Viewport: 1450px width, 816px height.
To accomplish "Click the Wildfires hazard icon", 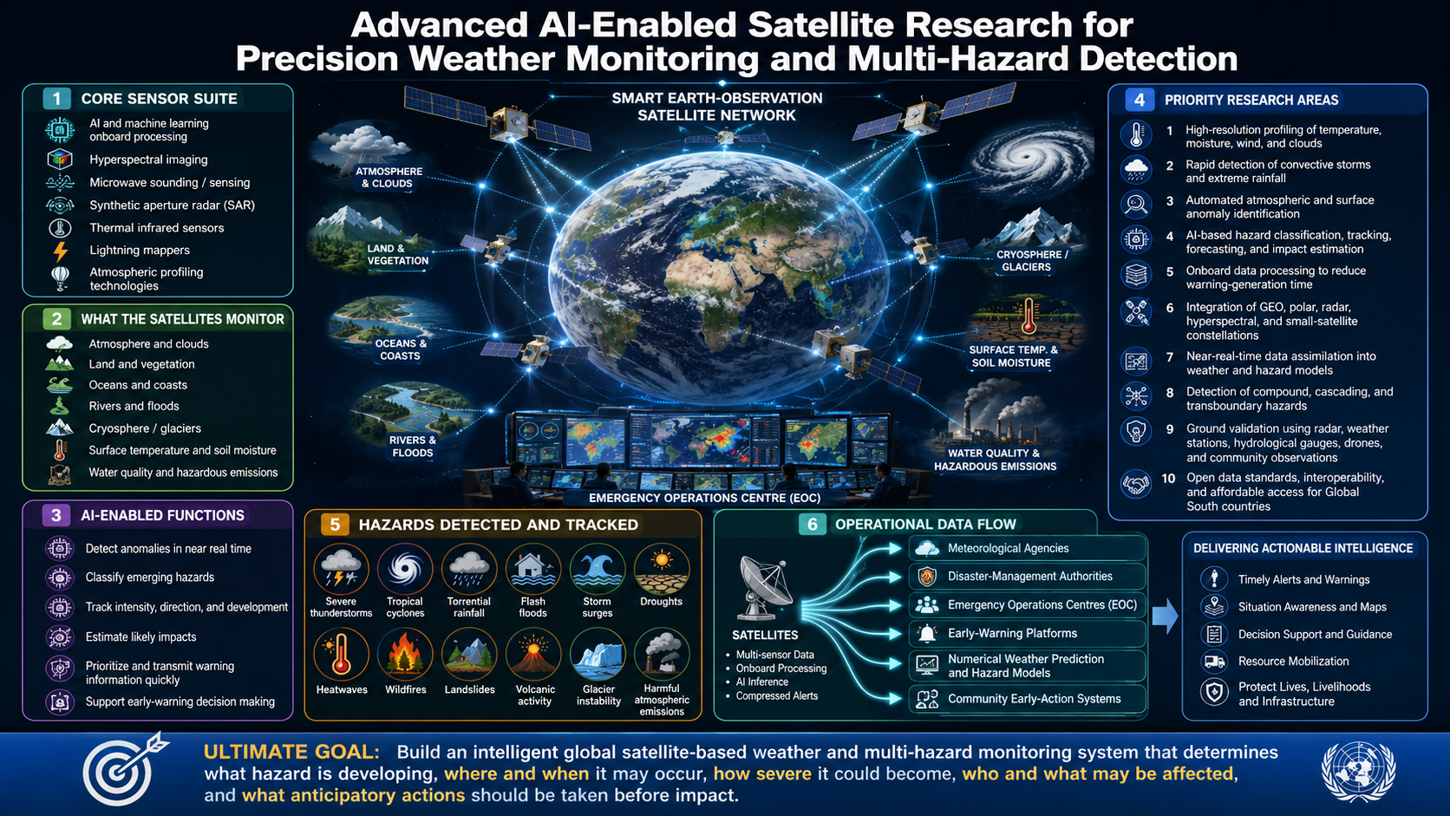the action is point(405,655).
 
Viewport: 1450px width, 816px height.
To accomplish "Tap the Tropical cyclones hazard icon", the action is point(405,569).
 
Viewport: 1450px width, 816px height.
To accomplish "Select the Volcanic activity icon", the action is point(534,655).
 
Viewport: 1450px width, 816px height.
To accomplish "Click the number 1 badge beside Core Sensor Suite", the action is point(57,98).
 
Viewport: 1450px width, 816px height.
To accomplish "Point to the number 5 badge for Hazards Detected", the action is point(335,524).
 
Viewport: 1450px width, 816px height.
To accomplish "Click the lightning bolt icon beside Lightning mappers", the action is point(60,251).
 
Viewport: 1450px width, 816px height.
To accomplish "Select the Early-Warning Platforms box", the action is point(1028,634).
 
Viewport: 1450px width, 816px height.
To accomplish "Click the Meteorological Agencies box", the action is point(1028,548).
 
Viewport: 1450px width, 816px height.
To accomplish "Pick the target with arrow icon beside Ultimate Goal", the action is point(123,770).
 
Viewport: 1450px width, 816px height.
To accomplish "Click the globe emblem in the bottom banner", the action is point(1358,772).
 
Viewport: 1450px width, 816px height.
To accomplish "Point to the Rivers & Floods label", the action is point(412,447).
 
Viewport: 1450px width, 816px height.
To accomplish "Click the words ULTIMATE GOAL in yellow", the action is point(291,752).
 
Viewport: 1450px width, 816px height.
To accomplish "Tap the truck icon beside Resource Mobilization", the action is point(1214,662).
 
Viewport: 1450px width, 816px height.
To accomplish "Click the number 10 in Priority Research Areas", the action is point(1168,478).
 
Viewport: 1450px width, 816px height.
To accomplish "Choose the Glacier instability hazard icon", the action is point(598,655).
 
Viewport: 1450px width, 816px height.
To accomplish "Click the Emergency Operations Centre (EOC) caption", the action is point(704,499).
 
